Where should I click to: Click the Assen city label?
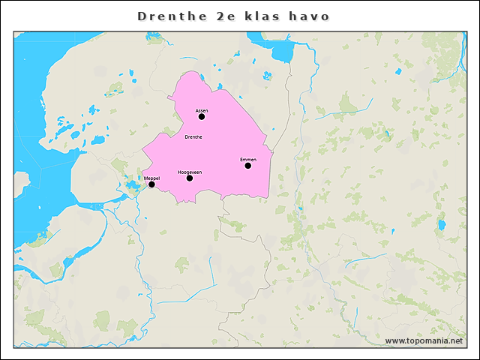[x=202, y=110]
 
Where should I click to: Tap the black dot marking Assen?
[x=202, y=116]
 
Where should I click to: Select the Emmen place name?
[x=248, y=160]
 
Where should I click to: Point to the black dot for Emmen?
[x=248, y=166]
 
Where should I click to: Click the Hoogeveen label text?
[x=190, y=172]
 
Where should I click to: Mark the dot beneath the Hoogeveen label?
[x=190, y=178]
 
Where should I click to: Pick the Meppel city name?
[x=151, y=178]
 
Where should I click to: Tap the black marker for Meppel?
[x=151, y=184]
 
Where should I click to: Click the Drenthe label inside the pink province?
[x=193, y=137]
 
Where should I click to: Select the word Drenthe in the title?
[x=169, y=16]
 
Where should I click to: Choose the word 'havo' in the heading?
[x=311, y=16]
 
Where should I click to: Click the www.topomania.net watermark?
[x=424, y=341]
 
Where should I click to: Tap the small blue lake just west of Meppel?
[x=131, y=185]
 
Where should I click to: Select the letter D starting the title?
[x=142, y=16]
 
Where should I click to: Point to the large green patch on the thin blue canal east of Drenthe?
[x=346, y=103]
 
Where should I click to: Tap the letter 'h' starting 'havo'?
[x=296, y=16]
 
